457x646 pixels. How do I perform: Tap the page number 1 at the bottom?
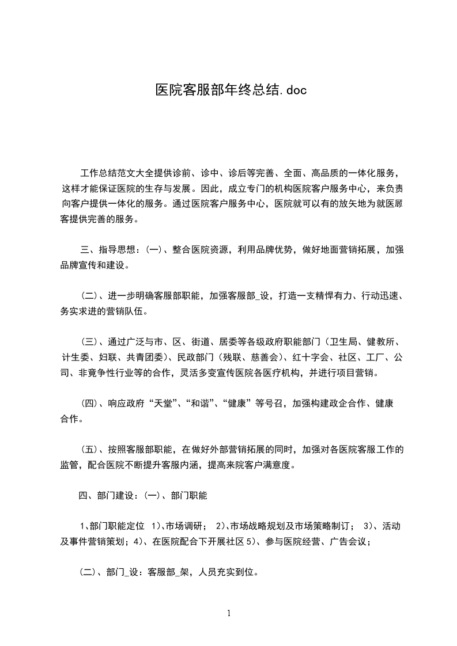(229, 613)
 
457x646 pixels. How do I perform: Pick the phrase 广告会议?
(349, 541)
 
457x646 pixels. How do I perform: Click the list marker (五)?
(89, 450)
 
